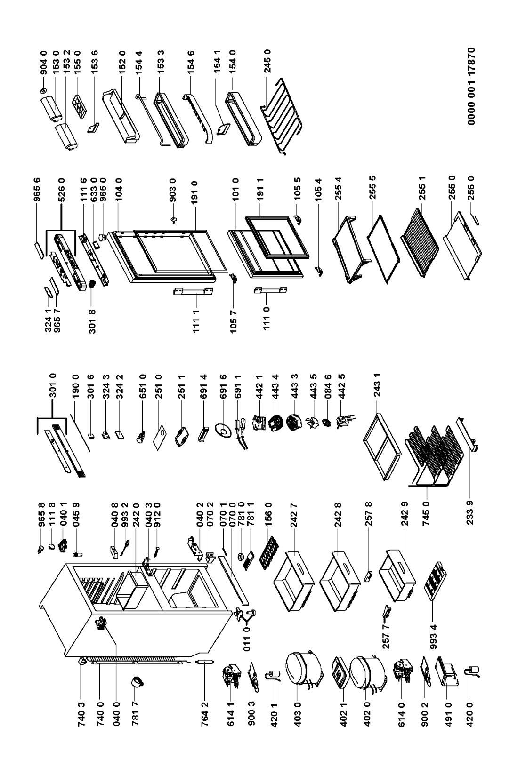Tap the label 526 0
point(62,190)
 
